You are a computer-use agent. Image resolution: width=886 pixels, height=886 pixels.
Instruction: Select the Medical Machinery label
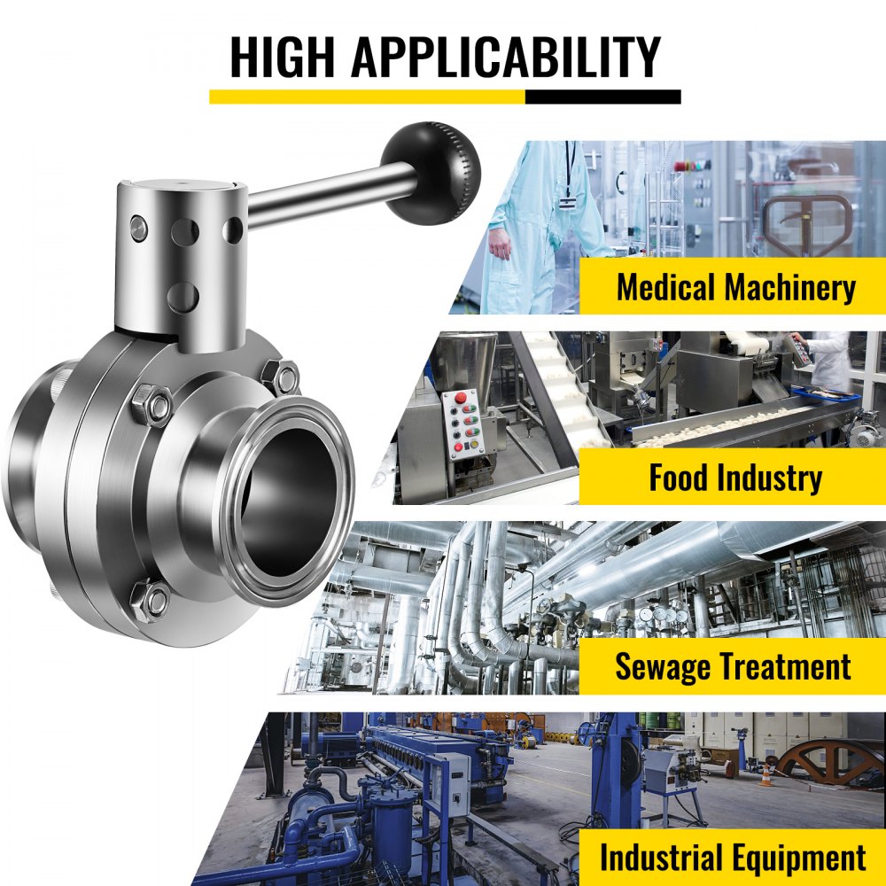point(735,288)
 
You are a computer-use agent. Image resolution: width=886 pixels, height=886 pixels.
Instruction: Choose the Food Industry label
point(735,478)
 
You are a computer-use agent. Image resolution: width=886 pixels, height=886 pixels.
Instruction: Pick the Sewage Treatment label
point(733,666)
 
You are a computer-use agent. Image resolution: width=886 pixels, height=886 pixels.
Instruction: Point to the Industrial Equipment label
point(733,858)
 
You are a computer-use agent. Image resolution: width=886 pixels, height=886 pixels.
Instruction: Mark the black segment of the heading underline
point(602,97)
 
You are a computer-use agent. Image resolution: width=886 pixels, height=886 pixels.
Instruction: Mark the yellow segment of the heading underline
point(367,97)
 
